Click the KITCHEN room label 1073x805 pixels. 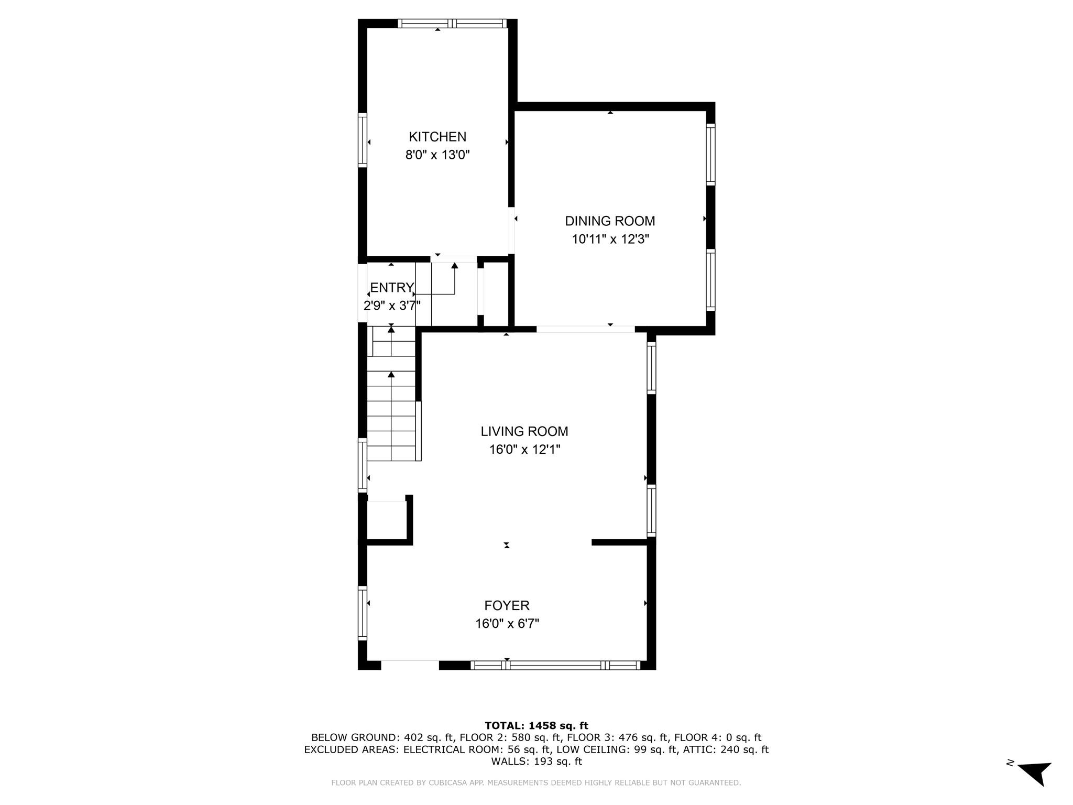pos(437,137)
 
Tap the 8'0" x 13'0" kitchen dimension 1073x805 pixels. pos(437,155)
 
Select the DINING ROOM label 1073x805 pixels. pos(610,221)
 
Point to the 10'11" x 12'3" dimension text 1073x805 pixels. pos(610,240)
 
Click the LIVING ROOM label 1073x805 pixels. pos(524,431)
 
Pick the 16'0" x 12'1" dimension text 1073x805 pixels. pos(524,450)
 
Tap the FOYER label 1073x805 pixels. pos(507,606)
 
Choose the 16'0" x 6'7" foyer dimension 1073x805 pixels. pos(507,624)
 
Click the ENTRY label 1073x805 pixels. pos(392,288)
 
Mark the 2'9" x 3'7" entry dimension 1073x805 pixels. pos(392,306)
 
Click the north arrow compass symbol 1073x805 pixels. pos(1035,773)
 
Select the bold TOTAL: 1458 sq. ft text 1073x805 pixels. pos(536,726)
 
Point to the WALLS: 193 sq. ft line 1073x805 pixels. pos(536,762)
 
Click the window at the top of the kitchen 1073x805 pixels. pos(452,23)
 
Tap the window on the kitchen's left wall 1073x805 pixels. pos(363,140)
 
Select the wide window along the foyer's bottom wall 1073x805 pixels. pos(555,666)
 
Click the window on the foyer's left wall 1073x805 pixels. pos(363,613)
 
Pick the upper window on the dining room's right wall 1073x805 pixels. pos(710,154)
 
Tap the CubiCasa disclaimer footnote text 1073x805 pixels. pos(536,783)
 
